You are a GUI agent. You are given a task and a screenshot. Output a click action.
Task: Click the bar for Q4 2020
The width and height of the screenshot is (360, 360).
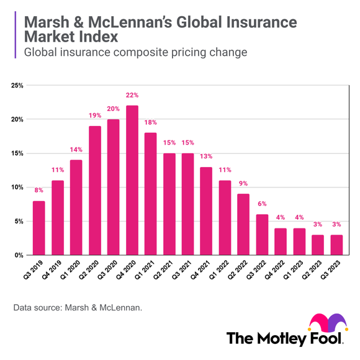[x=132, y=181]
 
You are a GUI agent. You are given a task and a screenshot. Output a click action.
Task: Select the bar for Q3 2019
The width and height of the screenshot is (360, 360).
[x=38, y=228]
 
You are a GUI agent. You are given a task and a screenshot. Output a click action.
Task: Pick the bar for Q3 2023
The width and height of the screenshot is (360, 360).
[x=337, y=245]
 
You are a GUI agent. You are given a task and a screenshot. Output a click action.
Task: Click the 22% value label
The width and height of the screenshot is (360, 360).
[x=132, y=95]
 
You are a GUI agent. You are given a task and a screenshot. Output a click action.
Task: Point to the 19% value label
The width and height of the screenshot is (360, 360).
[x=94, y=115]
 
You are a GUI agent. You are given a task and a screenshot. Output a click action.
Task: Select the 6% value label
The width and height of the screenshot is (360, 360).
[x=263, y=204]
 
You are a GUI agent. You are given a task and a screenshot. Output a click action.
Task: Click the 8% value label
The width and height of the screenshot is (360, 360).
[x=38, y=191]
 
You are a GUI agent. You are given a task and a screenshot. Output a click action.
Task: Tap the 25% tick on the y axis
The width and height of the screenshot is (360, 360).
[x=17, y=85]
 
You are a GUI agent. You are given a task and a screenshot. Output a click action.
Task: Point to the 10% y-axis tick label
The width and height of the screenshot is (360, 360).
[x=17, y=187]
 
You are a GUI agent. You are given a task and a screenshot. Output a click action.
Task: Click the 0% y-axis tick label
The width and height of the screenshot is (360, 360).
[x=19, y=255]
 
